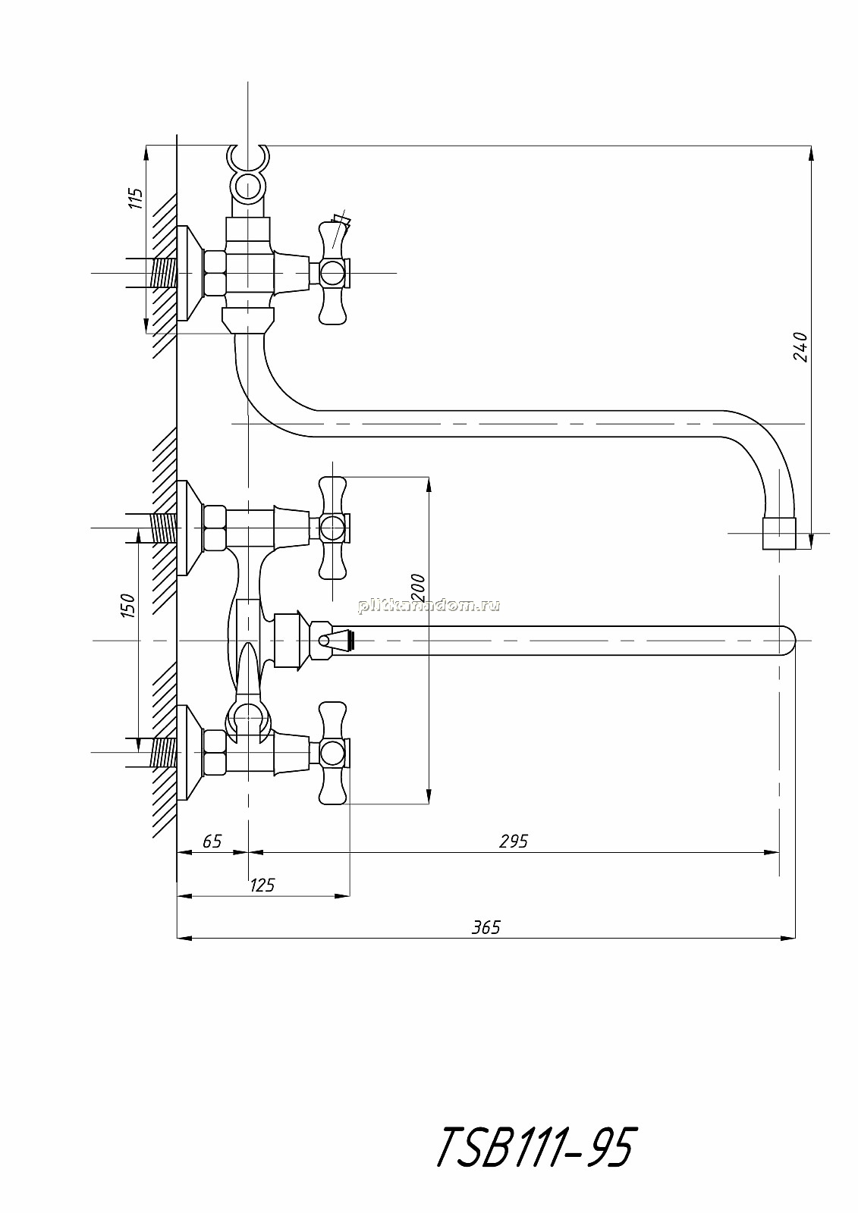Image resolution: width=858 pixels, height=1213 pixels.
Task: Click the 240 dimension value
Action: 800,347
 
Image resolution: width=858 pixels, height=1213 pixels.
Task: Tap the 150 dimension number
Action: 128,606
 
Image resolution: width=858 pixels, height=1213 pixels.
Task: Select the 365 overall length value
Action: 486,928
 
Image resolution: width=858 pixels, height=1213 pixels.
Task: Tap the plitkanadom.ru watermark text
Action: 428,606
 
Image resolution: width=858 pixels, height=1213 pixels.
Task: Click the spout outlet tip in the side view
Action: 779,534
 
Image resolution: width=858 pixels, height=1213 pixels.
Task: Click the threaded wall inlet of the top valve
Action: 162,273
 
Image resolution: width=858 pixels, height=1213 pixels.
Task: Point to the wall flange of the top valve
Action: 190,273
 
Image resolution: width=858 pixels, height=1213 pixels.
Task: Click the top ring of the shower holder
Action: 248,157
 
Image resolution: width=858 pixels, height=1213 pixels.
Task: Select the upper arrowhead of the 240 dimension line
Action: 811,153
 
